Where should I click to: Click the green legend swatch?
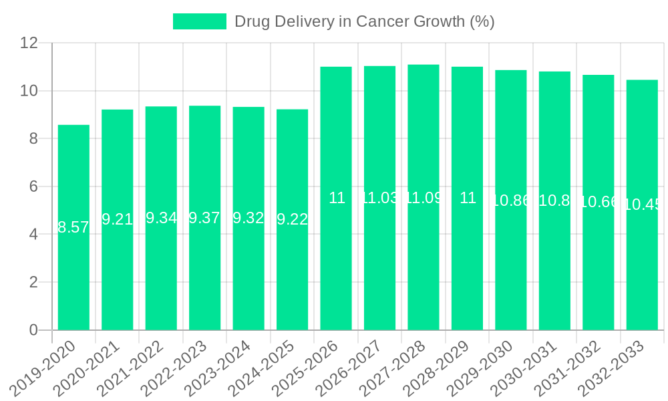click(x=199, y=21)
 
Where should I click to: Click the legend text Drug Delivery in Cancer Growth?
click(x=364, y=21)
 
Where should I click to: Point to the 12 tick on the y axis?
click(x=29, y=43)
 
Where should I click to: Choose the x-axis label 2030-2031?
click(x=528, y=368)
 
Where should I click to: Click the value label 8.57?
click(x=73, y=227)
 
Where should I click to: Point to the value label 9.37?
click(x=204, y=218)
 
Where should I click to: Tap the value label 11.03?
click(x=379, y=198)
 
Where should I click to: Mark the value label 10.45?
click(x=643, y=205)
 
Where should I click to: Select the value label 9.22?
click(x=292, y=219)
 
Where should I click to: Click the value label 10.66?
click(x=599, y=202)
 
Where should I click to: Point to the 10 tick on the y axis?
click(x=29, y=91)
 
